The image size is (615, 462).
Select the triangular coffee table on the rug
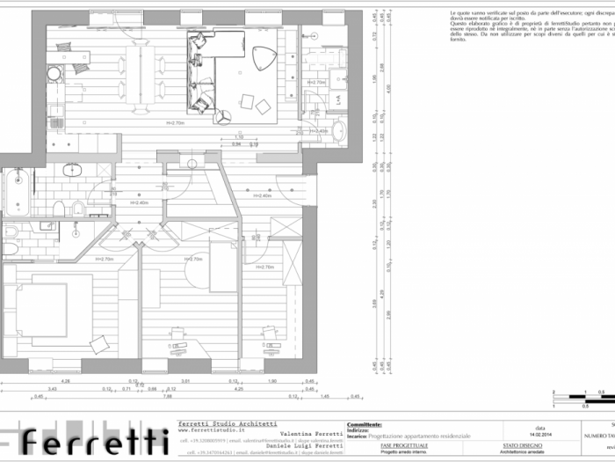[264, 58]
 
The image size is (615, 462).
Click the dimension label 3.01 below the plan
[185, 380]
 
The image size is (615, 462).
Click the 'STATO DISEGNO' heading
[522, 446]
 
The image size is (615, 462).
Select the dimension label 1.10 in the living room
[239, 137]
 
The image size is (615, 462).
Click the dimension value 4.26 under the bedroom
[65, 380]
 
